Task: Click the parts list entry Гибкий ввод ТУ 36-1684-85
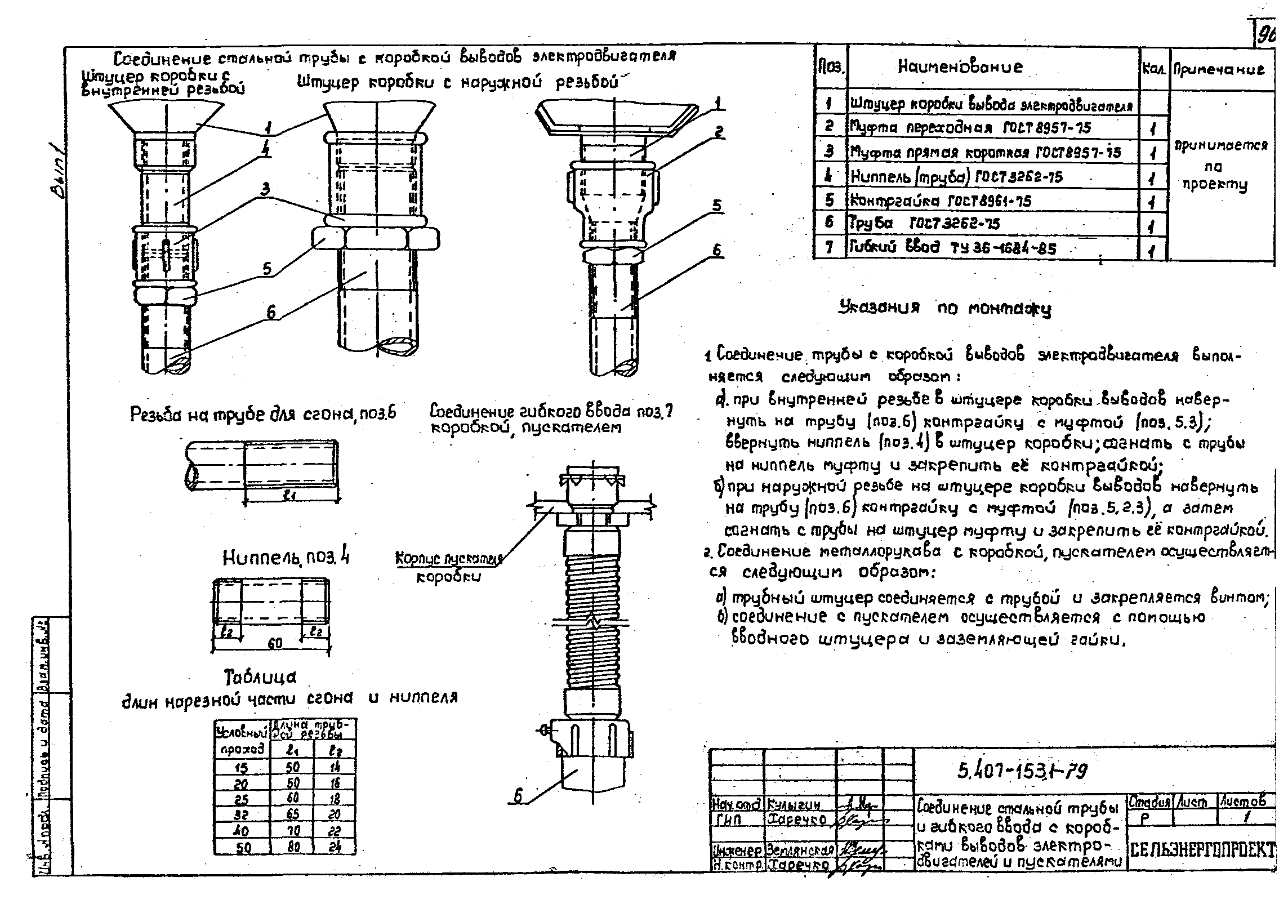click(x=952, y=248)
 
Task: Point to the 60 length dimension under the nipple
click(x=274, y=643)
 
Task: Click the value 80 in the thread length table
click(x=293, y=847)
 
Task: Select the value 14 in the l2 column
click(x=334, y=767)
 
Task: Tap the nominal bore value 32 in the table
click(x=242, y=814)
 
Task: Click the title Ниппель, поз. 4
click(x=286, y=558)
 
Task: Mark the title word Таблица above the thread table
click(x=260, y=676)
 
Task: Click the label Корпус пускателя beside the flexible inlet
click(x=448, y=559)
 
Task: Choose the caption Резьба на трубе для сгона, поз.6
click(x=263, y=414)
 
